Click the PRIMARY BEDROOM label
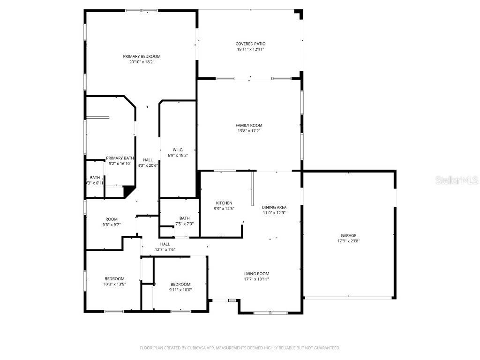[x=142, y=56]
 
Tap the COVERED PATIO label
[x=250, y=44]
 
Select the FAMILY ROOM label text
[x=249, y=125]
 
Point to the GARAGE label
[x=348, y=235]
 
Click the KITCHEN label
[x=224, y=203]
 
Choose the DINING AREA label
[x=274, y=207]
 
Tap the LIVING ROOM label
[x=256, y=274]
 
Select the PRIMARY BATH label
[x=120, y=158]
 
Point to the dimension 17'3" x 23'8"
[x=348, y=241]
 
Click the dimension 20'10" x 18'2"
[x=142, y=62]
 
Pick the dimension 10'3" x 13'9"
[x=114, y=284]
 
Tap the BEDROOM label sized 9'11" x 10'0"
[x=180, y=284]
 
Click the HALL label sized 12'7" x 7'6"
[x=165, y=244]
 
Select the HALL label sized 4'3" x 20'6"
[x=148, y=160]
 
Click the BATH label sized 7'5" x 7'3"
[x=184, y=218]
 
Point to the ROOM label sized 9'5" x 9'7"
[x=112, y=219]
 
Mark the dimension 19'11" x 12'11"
[x=250, y=49]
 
